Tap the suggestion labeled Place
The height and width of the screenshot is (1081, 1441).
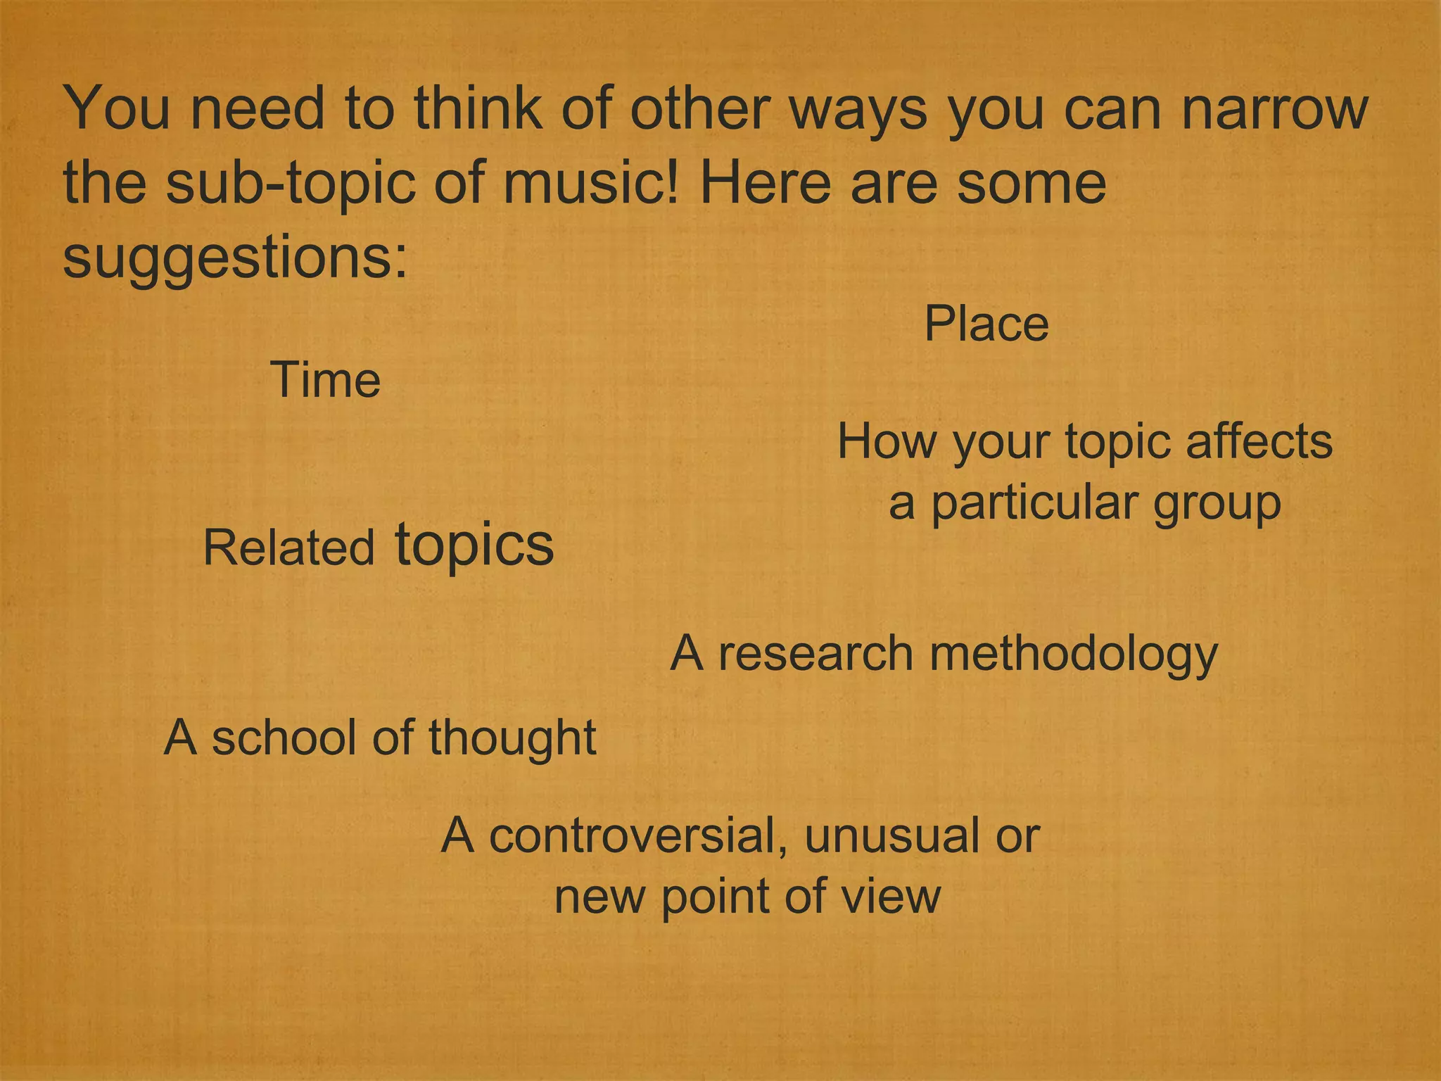click(986, 324)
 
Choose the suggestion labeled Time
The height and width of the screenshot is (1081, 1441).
click(325, 380)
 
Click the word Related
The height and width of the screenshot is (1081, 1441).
click(288, 548)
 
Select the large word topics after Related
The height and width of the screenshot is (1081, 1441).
click(474, 545)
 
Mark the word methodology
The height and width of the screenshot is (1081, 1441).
click(1074, 655)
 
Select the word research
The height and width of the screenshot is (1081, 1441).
click(815, 654)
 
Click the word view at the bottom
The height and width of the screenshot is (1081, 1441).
click(895, 897)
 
